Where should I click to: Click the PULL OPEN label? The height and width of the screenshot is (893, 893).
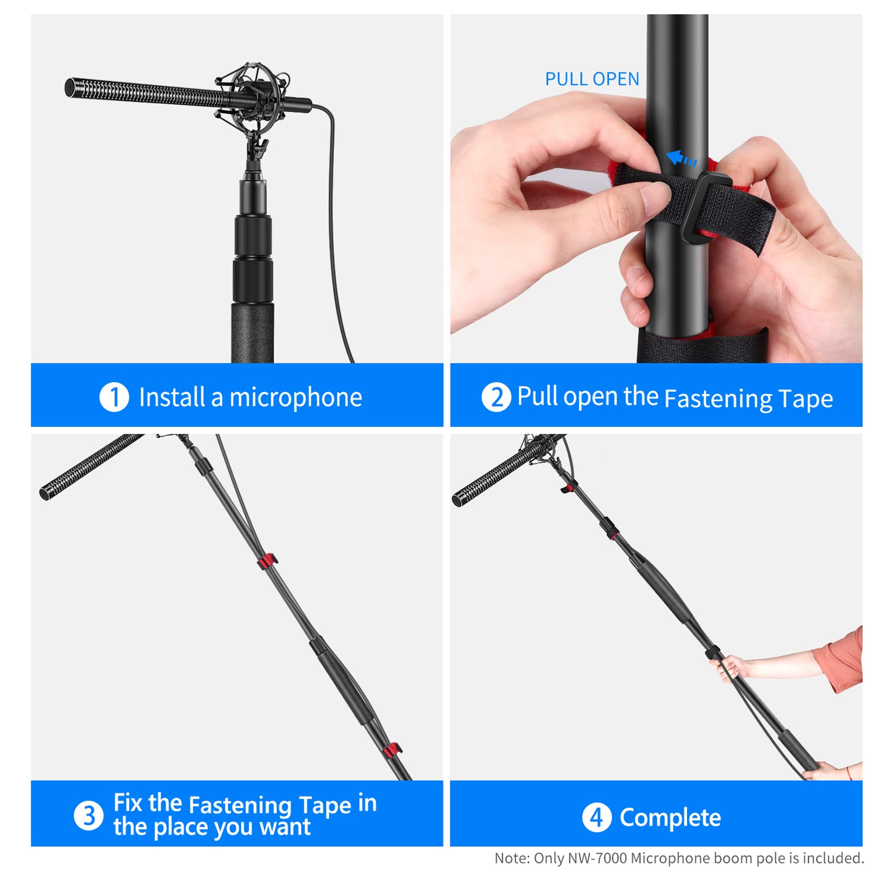pyautogui.click(x=592, y=79)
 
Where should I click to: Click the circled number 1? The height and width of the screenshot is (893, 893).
pyautogui.click(x=114, y=397)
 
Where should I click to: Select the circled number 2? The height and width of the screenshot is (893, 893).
pyautogui.click(x=496, y=397)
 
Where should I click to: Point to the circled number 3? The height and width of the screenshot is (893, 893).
pyautogui.click(x=88, y=815)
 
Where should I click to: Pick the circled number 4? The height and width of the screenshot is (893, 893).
pyautogui.click(x=596, y=818)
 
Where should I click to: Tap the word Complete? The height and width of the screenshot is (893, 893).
pyautogui.click(x=670, y=818)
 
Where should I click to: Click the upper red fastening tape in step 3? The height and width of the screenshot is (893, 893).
pyautogui.click(x=267, y=561)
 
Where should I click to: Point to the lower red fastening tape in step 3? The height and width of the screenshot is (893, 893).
pyautogui.click(x=392, y=750)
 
